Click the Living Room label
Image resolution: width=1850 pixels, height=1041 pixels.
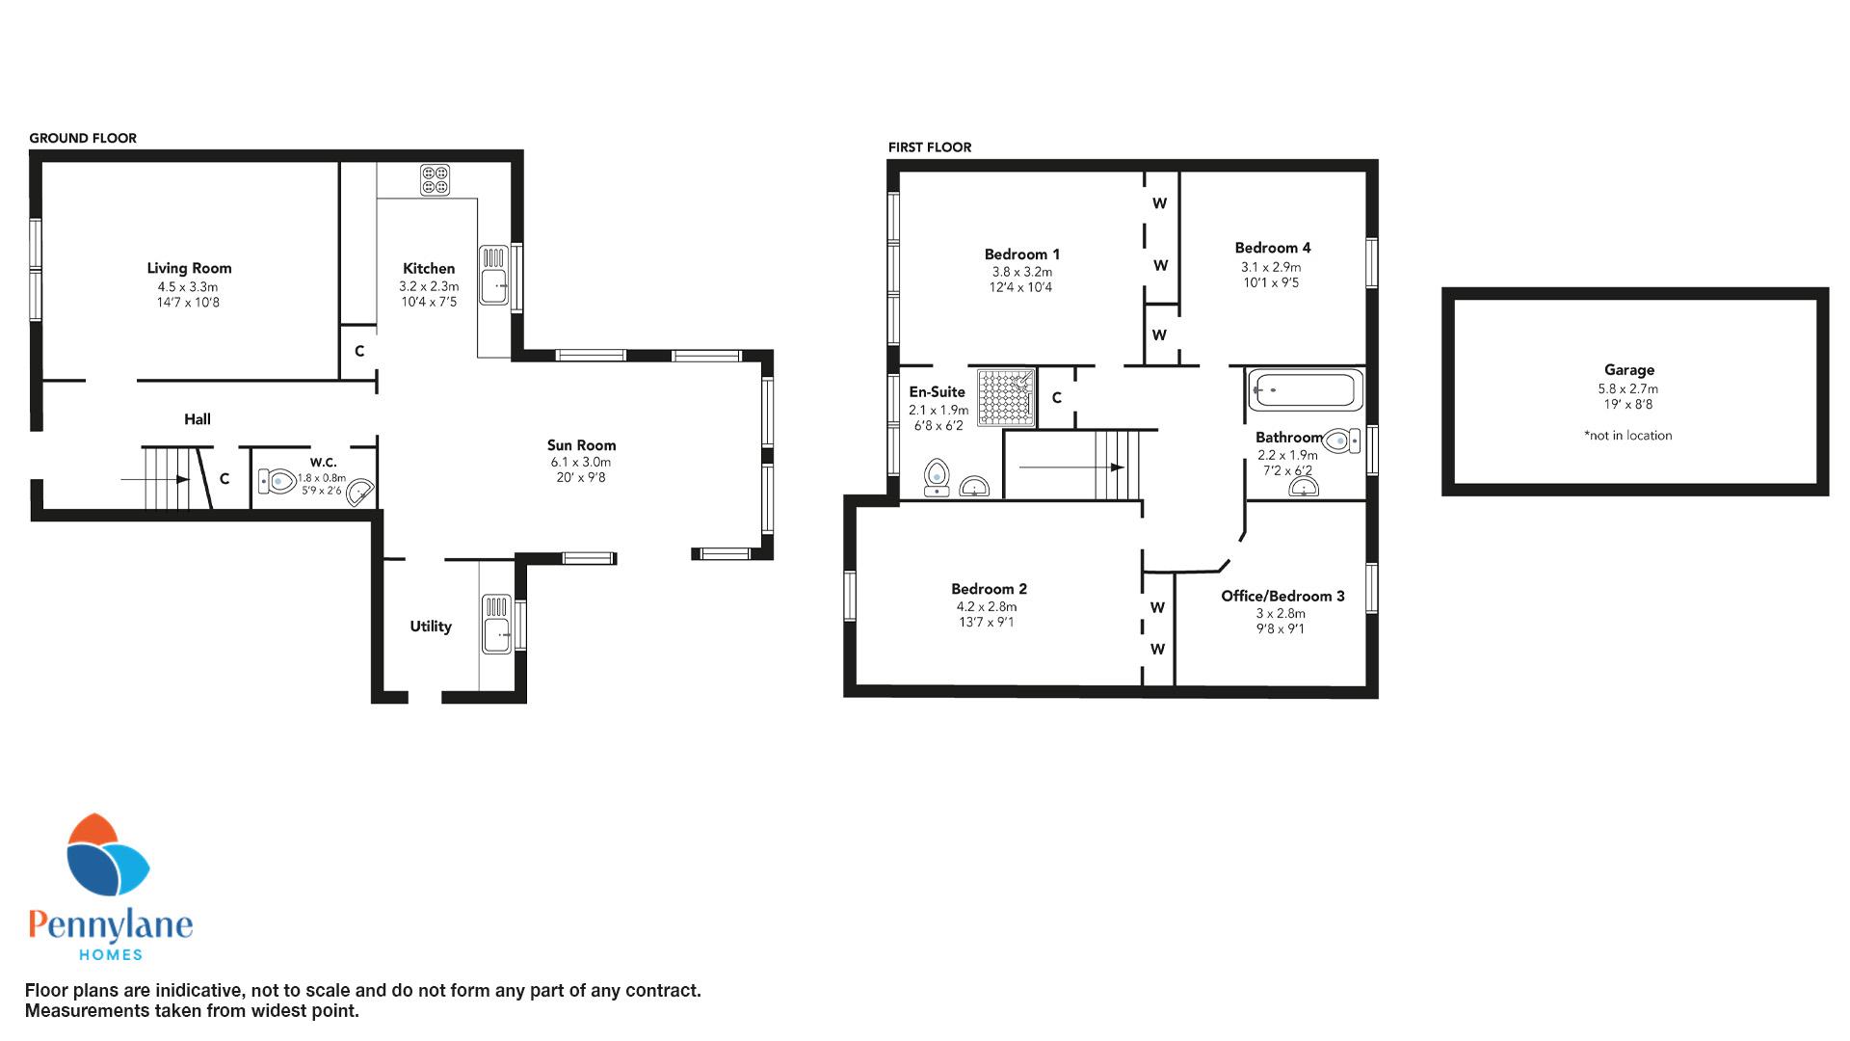189,268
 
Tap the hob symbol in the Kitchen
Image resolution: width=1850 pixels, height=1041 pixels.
435,179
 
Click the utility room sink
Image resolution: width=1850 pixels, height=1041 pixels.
497,624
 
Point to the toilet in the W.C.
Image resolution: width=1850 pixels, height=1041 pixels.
277,480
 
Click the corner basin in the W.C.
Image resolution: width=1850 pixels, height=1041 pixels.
360,493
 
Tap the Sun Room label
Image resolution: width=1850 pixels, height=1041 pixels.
581,445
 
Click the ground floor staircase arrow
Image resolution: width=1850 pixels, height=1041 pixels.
155,479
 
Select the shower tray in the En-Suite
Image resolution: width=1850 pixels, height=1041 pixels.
1007,397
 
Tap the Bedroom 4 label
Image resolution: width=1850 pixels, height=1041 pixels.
1273,248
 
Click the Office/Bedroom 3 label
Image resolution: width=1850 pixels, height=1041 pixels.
1282,596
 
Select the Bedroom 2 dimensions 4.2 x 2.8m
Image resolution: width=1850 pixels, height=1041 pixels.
986,607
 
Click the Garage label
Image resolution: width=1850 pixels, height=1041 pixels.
1629,370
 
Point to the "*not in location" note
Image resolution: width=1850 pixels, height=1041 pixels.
1628,436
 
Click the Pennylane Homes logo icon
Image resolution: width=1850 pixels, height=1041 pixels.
107,857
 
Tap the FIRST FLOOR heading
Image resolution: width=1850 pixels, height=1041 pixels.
930,147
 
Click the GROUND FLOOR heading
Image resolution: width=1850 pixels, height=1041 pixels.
83,138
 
